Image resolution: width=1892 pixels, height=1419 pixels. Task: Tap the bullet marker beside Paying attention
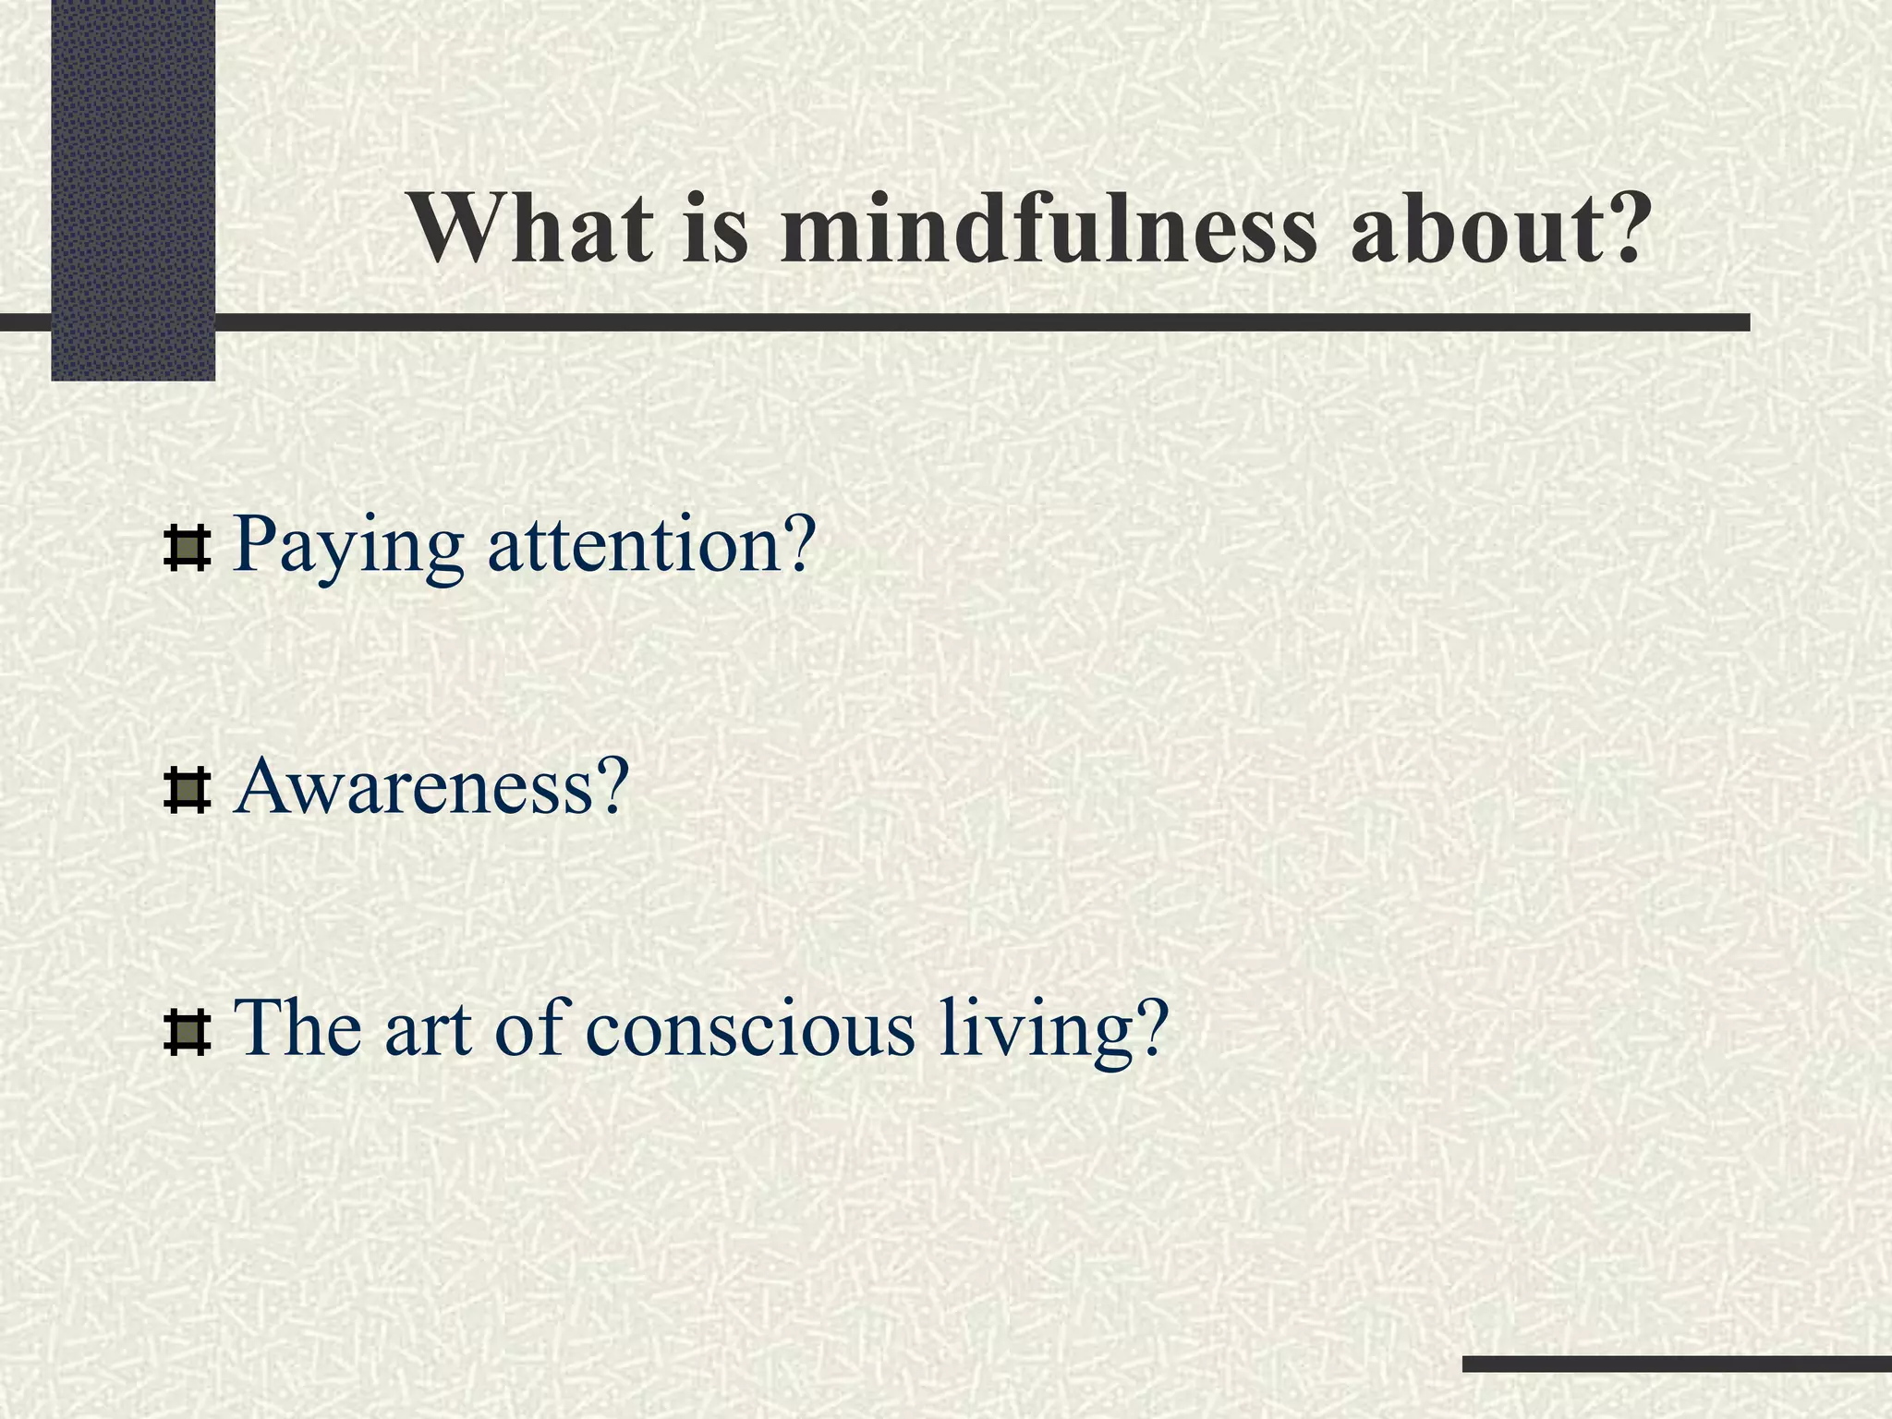coord(187,549)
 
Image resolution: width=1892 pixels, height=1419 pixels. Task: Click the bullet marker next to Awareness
coord(187,792)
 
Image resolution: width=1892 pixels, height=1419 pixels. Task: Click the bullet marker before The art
coord(187,1034)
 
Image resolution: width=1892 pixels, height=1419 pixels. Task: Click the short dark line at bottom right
coord(1676,1364)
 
